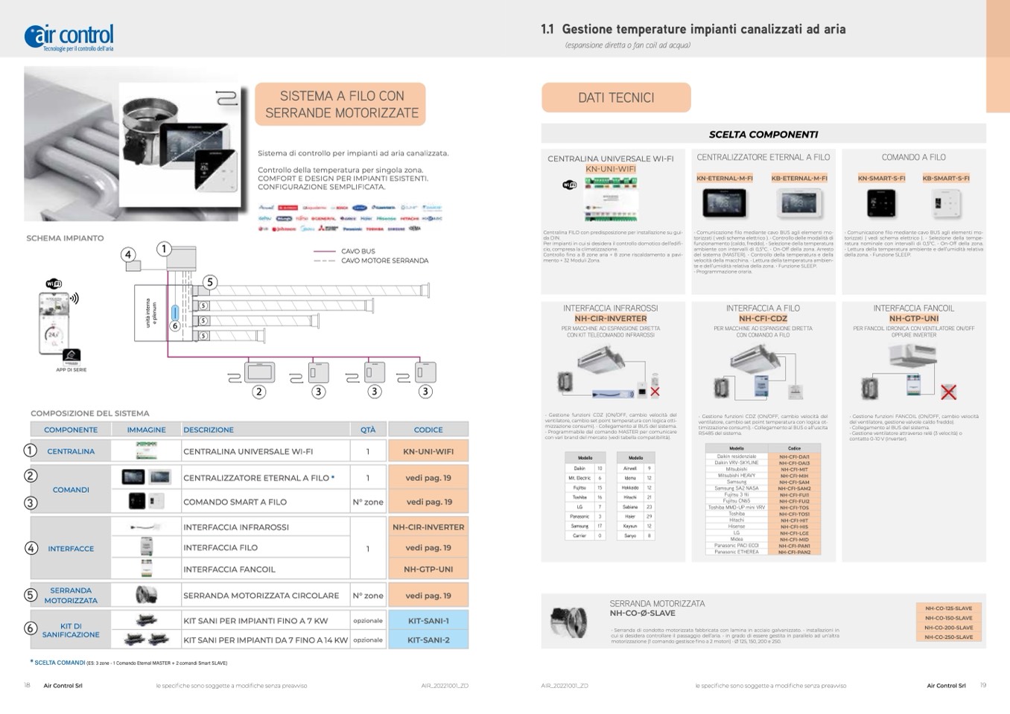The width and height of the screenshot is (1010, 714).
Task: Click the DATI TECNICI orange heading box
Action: click(616, 98)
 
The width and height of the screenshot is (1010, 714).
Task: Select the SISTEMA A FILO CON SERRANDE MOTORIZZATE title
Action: click(341, 104)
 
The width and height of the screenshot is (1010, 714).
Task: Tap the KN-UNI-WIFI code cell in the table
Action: click(428, 451)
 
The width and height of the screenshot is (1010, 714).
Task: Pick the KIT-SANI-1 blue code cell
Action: click(428, 620)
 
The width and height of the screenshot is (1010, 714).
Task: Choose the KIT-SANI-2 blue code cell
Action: click(428, 640)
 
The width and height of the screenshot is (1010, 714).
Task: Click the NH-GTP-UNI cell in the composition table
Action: click(428, 569)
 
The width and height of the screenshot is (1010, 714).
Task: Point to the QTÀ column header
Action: click(368, 430)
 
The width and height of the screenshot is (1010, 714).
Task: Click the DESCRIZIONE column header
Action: click(209, 430)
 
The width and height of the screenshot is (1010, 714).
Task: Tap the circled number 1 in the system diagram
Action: click(165, 249)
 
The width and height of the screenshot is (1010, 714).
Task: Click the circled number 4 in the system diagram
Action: click(128, 255)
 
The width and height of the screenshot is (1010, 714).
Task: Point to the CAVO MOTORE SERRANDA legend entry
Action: click(384, 261)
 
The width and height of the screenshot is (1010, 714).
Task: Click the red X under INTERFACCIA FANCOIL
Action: click(948, 392)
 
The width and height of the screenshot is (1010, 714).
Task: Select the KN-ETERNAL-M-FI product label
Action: click(725, 179)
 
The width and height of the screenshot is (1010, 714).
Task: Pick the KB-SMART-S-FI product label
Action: click(946, 179)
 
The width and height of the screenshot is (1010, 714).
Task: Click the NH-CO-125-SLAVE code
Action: click(949, 608)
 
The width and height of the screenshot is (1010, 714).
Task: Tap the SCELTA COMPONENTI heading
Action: click(763, 135)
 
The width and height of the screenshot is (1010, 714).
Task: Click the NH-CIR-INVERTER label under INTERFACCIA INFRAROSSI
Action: click(610, 319)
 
